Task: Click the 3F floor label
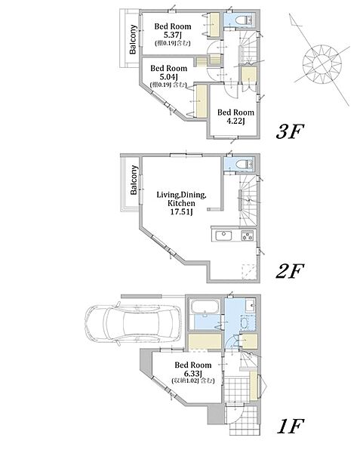(x=290, y=131)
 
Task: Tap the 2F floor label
(x=290, y=271)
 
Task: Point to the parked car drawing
(x=133, y=322)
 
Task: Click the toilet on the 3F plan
(x=243, y=20)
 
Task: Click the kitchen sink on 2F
(x=222, y=236)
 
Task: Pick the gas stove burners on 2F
(x=248, y=236)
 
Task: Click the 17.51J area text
(x=181, y=212)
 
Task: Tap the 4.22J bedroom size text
(x=236, y=122)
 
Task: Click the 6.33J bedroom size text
(x=193, y=373)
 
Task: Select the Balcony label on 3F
(x=133, y=39)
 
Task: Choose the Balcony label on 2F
(x=134, y=180)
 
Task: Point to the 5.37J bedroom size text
(x=173, y=35)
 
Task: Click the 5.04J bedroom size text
(x=169, y=77)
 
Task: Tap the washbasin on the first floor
(x=251, y=305)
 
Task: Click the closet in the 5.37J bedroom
(x=214, y=24)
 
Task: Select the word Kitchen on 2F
(x=181, y=203)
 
